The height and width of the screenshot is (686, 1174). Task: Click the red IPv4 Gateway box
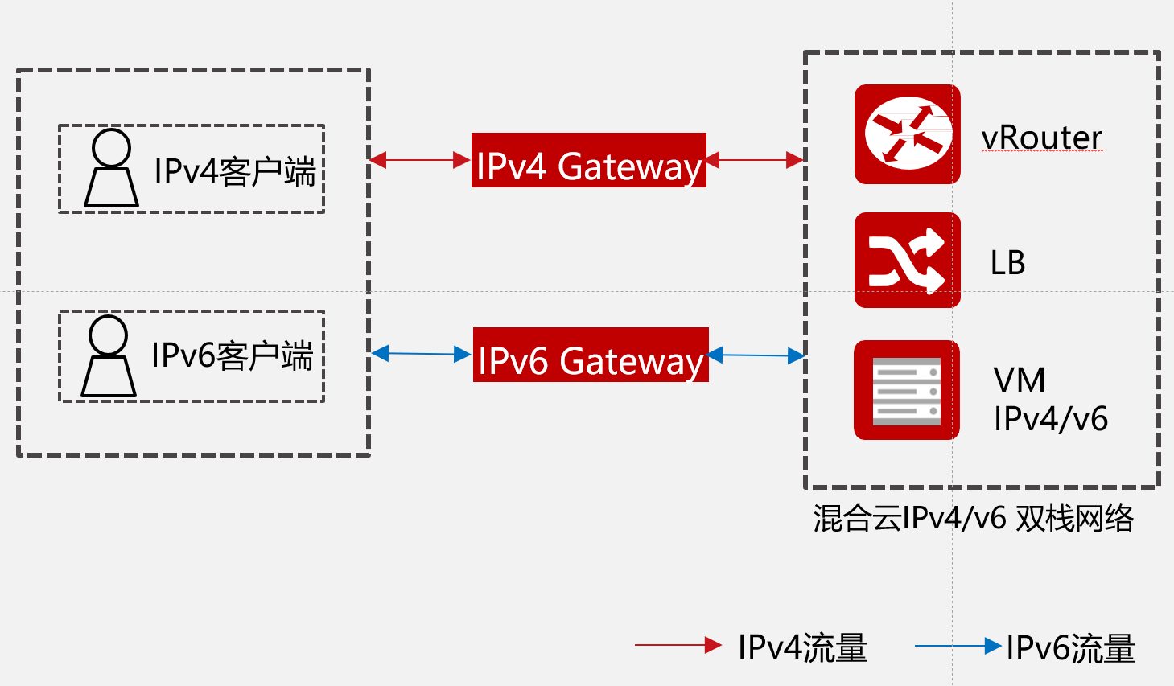pyautogui.click(x=588, y=161)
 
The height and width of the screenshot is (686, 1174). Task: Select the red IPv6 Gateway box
pyautogui.click(x=591, y=355)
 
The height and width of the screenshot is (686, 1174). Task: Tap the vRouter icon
pyautogui.click(x=907, y=134)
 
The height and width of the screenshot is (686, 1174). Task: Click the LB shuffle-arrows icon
pyautogui.click(x=907, y=261)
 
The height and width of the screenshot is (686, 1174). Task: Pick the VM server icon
pyautogui.click(x=907, y=390)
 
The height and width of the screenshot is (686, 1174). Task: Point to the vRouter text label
pyautogui.click(x=1041, y=138)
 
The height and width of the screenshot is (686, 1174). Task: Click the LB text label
pyautogui.click(x=1007, y=263)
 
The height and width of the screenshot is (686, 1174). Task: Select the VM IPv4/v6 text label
pyautogui.click(x=1050, y=400)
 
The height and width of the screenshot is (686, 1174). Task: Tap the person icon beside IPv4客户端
pyautogui.click(x=111, y=168)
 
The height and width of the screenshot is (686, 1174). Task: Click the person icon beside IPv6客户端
pyautogui.click(x=109, y=355)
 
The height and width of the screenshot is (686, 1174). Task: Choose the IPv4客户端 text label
pyautogui.click(x=234, y=171)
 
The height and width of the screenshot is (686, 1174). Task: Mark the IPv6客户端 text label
pyautogui.click(x=232, y=355)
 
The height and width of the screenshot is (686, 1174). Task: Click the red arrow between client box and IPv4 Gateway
pyautogui.click(x=420, y=161)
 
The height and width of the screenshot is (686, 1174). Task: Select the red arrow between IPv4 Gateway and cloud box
pyautogui.click(x=755, y=160)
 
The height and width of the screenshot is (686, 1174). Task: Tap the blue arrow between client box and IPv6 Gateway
pyautogui.click(x=421, y=354)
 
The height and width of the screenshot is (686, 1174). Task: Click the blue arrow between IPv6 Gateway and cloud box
pyautogui.click(x=756, y=355)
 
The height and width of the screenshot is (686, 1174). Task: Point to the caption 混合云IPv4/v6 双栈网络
pyautogui.click(x=973, y=519)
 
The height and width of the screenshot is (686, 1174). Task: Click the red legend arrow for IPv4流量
pyautogui.click(x=678, y=645)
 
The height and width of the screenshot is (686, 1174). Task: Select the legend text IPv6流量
pyautogui.click(x=1070, y=648)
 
